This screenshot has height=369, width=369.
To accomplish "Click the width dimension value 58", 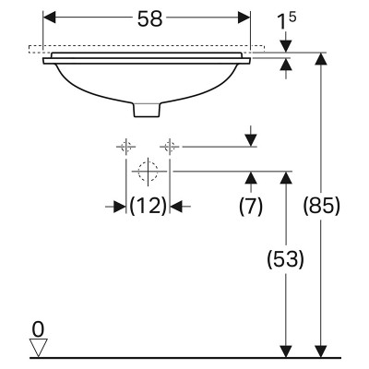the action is (x=149, y=19).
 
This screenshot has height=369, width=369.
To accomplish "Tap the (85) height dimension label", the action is (x=322, y=206).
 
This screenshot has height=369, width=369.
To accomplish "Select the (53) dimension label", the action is (x=285, y=259).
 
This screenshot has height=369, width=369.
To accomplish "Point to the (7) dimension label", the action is (x=251, y=206).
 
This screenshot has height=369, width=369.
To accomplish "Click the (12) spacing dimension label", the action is (x=148, y=206).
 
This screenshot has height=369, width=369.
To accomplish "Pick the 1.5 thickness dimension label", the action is (x=287, y=21).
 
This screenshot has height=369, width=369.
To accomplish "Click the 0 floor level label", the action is (x=38, y=330).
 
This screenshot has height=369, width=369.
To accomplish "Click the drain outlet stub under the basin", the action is (x=148, y=110).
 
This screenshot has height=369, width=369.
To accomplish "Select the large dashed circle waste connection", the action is (x=148, y=172).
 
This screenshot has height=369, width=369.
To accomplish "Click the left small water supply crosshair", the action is (x=126, y=147).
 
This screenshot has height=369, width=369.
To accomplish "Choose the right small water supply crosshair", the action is (x=170, y=147).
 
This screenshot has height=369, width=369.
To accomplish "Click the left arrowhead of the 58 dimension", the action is (x=49, y=18).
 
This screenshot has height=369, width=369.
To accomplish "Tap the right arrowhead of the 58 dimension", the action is (x=244, y=18).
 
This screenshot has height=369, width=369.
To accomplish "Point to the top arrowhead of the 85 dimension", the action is (x=321, y=59).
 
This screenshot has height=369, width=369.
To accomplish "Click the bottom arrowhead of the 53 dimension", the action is (x=286, y=351).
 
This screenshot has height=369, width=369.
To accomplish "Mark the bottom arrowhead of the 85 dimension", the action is (x=321, y=351).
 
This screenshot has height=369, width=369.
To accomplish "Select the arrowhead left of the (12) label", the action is (x=120, y=207).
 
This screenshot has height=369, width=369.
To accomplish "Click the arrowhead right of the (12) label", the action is (x=176, y=207).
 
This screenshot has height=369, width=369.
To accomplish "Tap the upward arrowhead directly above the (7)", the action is (x=252, y=177).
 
